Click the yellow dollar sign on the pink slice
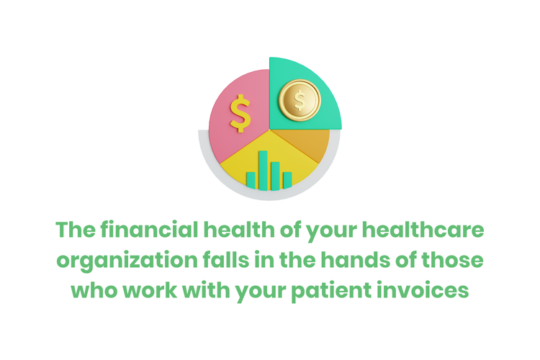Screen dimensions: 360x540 click(x=240, y=114)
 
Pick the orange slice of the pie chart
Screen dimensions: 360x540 click(x=312, y=143)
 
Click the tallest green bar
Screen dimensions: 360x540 click(x=263, y=169)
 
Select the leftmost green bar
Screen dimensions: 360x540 click(x=251, y=179)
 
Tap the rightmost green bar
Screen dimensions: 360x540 click(x=287, y=179)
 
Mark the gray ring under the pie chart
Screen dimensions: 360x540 click(x=216, y=170)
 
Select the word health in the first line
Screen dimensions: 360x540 click(x=235, y=232)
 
